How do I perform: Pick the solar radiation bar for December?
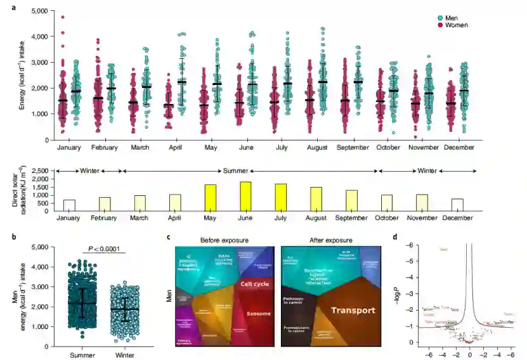(457, 205)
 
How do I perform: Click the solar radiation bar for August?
(316, 199)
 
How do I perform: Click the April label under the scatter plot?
(173, 147)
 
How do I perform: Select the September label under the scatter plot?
(352, 147)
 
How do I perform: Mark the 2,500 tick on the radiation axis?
(40, 171)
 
